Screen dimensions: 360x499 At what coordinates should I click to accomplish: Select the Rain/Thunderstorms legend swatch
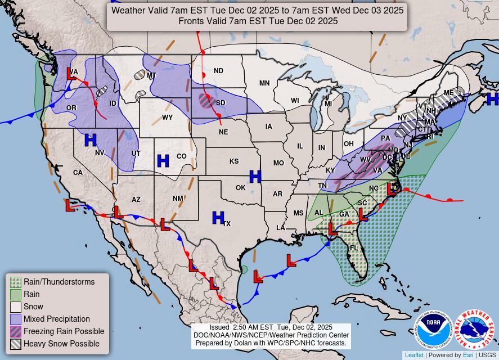click(x=16, y=282)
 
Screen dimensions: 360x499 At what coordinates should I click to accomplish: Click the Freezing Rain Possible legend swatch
click(x=16, y=331)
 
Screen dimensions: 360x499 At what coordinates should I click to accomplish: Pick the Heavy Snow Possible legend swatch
click(x=16, y=344)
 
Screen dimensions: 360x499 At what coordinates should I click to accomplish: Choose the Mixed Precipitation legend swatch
click(x=16, y=319)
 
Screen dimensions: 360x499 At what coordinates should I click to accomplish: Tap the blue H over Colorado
click(x=163, y=161)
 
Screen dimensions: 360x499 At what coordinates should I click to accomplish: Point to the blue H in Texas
click(x=218, y=217)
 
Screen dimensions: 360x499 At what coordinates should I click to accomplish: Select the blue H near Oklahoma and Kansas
click(x=255, y=177)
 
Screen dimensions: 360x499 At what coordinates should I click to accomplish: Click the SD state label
click(x=221, y=103)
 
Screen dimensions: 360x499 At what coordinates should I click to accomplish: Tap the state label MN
click(x=264, y=83)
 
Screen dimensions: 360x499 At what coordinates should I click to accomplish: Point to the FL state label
click(x=354, y=248)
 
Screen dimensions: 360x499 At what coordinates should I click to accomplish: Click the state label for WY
click(x=167, y=118)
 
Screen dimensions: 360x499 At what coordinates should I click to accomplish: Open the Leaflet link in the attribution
click(x=414, y=355)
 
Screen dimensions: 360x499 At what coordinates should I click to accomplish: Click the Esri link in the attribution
click(x=467, y=355)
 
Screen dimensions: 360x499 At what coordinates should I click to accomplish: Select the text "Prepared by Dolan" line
click(x=271, y=343)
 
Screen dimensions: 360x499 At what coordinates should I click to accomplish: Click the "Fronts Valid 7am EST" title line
click(x=258, y=21)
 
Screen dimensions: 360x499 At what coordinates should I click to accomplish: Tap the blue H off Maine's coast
click(x=493, y=99)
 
